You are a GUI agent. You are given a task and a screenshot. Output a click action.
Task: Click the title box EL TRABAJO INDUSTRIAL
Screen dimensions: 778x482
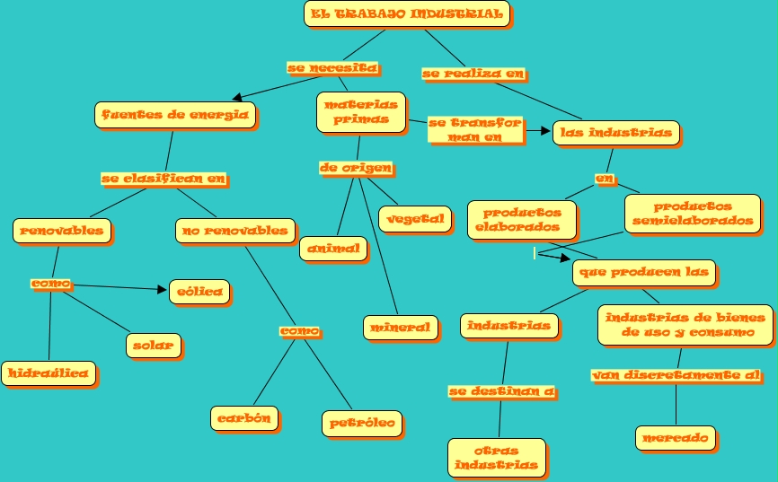(406, 13)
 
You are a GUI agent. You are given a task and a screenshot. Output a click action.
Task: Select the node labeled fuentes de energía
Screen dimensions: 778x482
(175, 115)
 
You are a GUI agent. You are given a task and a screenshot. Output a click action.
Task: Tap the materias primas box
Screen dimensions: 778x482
(360, 112)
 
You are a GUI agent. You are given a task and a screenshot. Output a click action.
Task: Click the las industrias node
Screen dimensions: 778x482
(615, 133)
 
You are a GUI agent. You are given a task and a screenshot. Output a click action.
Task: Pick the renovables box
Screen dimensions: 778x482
(62, 231)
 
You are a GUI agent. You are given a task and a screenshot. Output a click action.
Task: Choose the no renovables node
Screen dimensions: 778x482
(234, 231)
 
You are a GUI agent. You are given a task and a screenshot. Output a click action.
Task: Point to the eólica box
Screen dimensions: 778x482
(199, 292)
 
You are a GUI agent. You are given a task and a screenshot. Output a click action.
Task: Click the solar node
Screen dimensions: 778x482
(154, 345)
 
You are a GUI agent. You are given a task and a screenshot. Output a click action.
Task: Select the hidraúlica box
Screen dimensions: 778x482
(49, 373)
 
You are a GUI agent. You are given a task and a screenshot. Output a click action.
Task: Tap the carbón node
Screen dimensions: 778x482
(244, 417)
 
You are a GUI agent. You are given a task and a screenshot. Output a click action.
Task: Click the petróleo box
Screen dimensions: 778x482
(362, 423)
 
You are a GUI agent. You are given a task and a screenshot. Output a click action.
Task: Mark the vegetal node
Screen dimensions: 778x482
(415, 218)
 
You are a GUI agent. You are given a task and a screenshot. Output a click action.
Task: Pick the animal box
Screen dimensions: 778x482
(332, 249)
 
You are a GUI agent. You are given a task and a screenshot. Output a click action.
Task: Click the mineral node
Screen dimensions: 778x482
(401, 328)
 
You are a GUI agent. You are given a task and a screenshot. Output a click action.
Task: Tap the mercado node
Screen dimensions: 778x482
(677, 438)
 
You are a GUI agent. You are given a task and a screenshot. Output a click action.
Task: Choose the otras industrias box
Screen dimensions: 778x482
(496, 457)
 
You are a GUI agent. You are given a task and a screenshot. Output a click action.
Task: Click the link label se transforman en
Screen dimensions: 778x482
(474, 130)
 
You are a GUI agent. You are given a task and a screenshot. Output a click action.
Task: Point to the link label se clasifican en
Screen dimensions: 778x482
(164, 179)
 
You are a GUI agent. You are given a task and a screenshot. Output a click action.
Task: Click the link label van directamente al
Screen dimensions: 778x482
(676, 374)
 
